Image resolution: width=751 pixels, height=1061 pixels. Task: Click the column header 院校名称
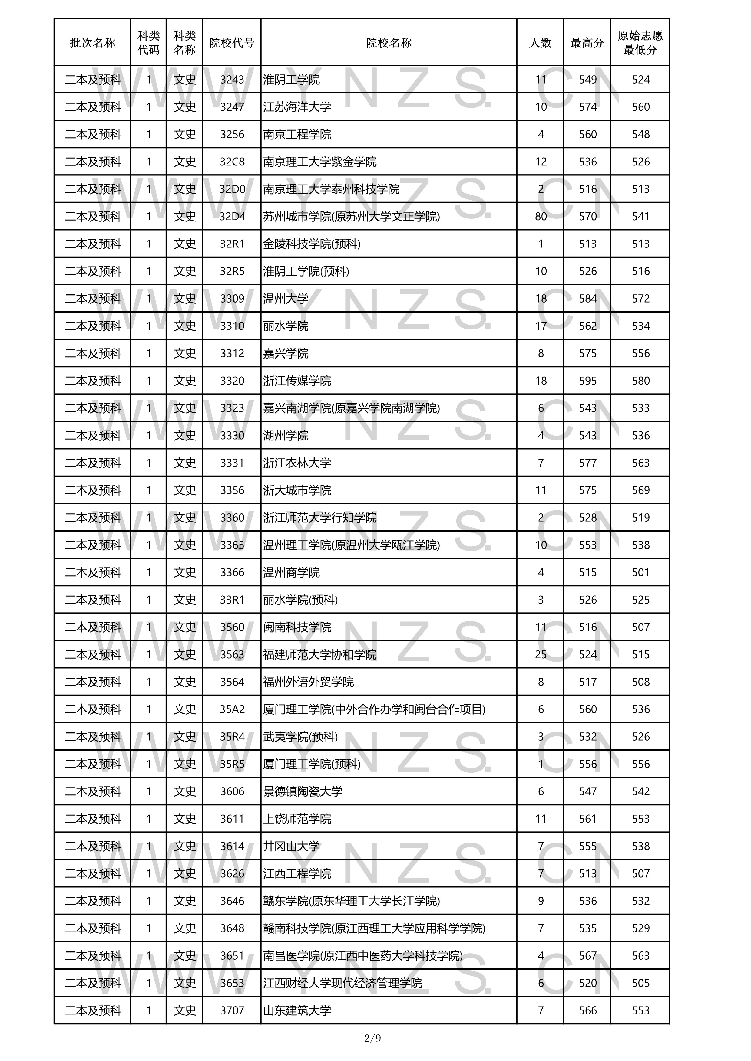(389, 43)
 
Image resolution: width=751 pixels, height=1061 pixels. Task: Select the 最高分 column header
(587, 43)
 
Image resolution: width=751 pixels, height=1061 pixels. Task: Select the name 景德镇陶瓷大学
(303, 792)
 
